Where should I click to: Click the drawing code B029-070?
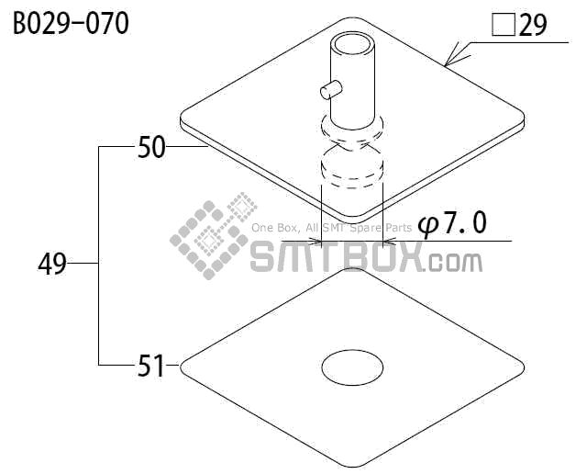72,23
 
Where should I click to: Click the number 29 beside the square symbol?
533,25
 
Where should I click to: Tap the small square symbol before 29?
504,25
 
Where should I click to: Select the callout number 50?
151,147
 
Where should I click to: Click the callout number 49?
52,264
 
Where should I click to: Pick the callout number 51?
150,366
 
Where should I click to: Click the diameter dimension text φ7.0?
452,223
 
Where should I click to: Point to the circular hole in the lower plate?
352,367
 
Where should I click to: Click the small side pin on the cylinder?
331,90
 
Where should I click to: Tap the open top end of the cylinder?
352,45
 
